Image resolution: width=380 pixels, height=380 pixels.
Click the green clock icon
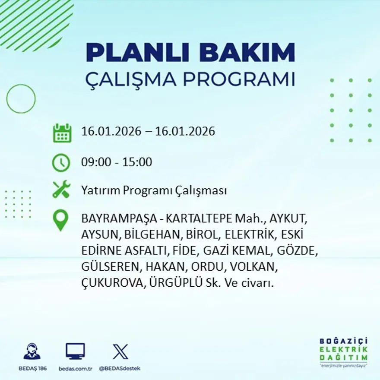coord(61,163)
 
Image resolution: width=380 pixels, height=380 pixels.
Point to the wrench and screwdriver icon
coord(61,190)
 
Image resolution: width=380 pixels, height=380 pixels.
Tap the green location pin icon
coord(61,220)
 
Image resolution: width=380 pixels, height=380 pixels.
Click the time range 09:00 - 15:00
coord(117,162)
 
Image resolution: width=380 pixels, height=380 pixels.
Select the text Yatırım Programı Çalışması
coord(154,190)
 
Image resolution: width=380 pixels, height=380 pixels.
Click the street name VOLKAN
coord(253,267)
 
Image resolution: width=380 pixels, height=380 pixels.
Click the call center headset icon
coord(32,351)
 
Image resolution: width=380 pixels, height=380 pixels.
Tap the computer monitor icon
coord(75,351)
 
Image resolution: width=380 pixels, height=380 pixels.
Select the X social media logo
coord(120,351)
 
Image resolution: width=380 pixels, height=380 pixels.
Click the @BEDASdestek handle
coord(120,368)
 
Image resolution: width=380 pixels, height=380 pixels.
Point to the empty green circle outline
coord(21,99)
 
